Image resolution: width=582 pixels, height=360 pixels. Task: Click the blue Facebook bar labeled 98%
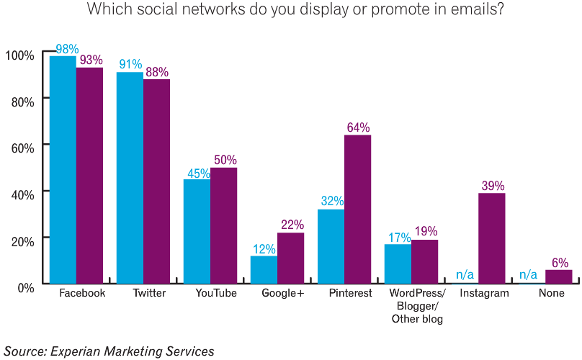tap(63, 169)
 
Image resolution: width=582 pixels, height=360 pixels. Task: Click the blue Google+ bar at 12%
tap(264, 269)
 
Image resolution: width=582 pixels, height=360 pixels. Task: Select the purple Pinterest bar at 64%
tap(357, 209)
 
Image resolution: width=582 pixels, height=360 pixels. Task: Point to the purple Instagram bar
tap(491, 238)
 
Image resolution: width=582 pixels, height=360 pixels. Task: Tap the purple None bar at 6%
tap(558, 276)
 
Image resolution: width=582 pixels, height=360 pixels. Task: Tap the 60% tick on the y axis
tap(20, 148)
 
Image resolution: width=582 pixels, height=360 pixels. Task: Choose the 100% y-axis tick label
tap(19, 55)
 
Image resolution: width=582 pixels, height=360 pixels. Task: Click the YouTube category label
tap(216, 294)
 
